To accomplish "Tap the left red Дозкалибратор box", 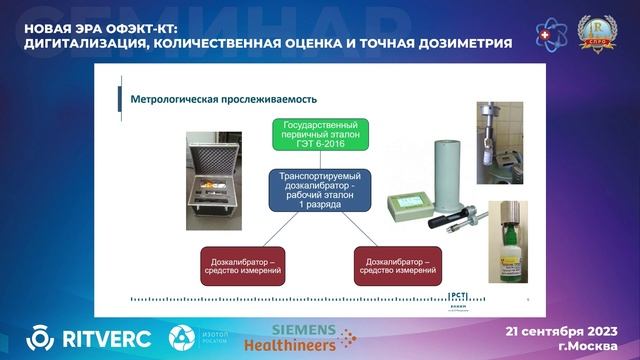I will [x=242, y=264].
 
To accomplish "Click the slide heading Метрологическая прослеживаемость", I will [x=217, y=99].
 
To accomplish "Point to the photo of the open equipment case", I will [x=214, y=177].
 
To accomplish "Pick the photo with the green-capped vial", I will [x=507, y=241].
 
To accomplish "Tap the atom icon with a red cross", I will [x=551, y=34].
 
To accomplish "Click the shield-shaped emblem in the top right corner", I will [x=598, y=34].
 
